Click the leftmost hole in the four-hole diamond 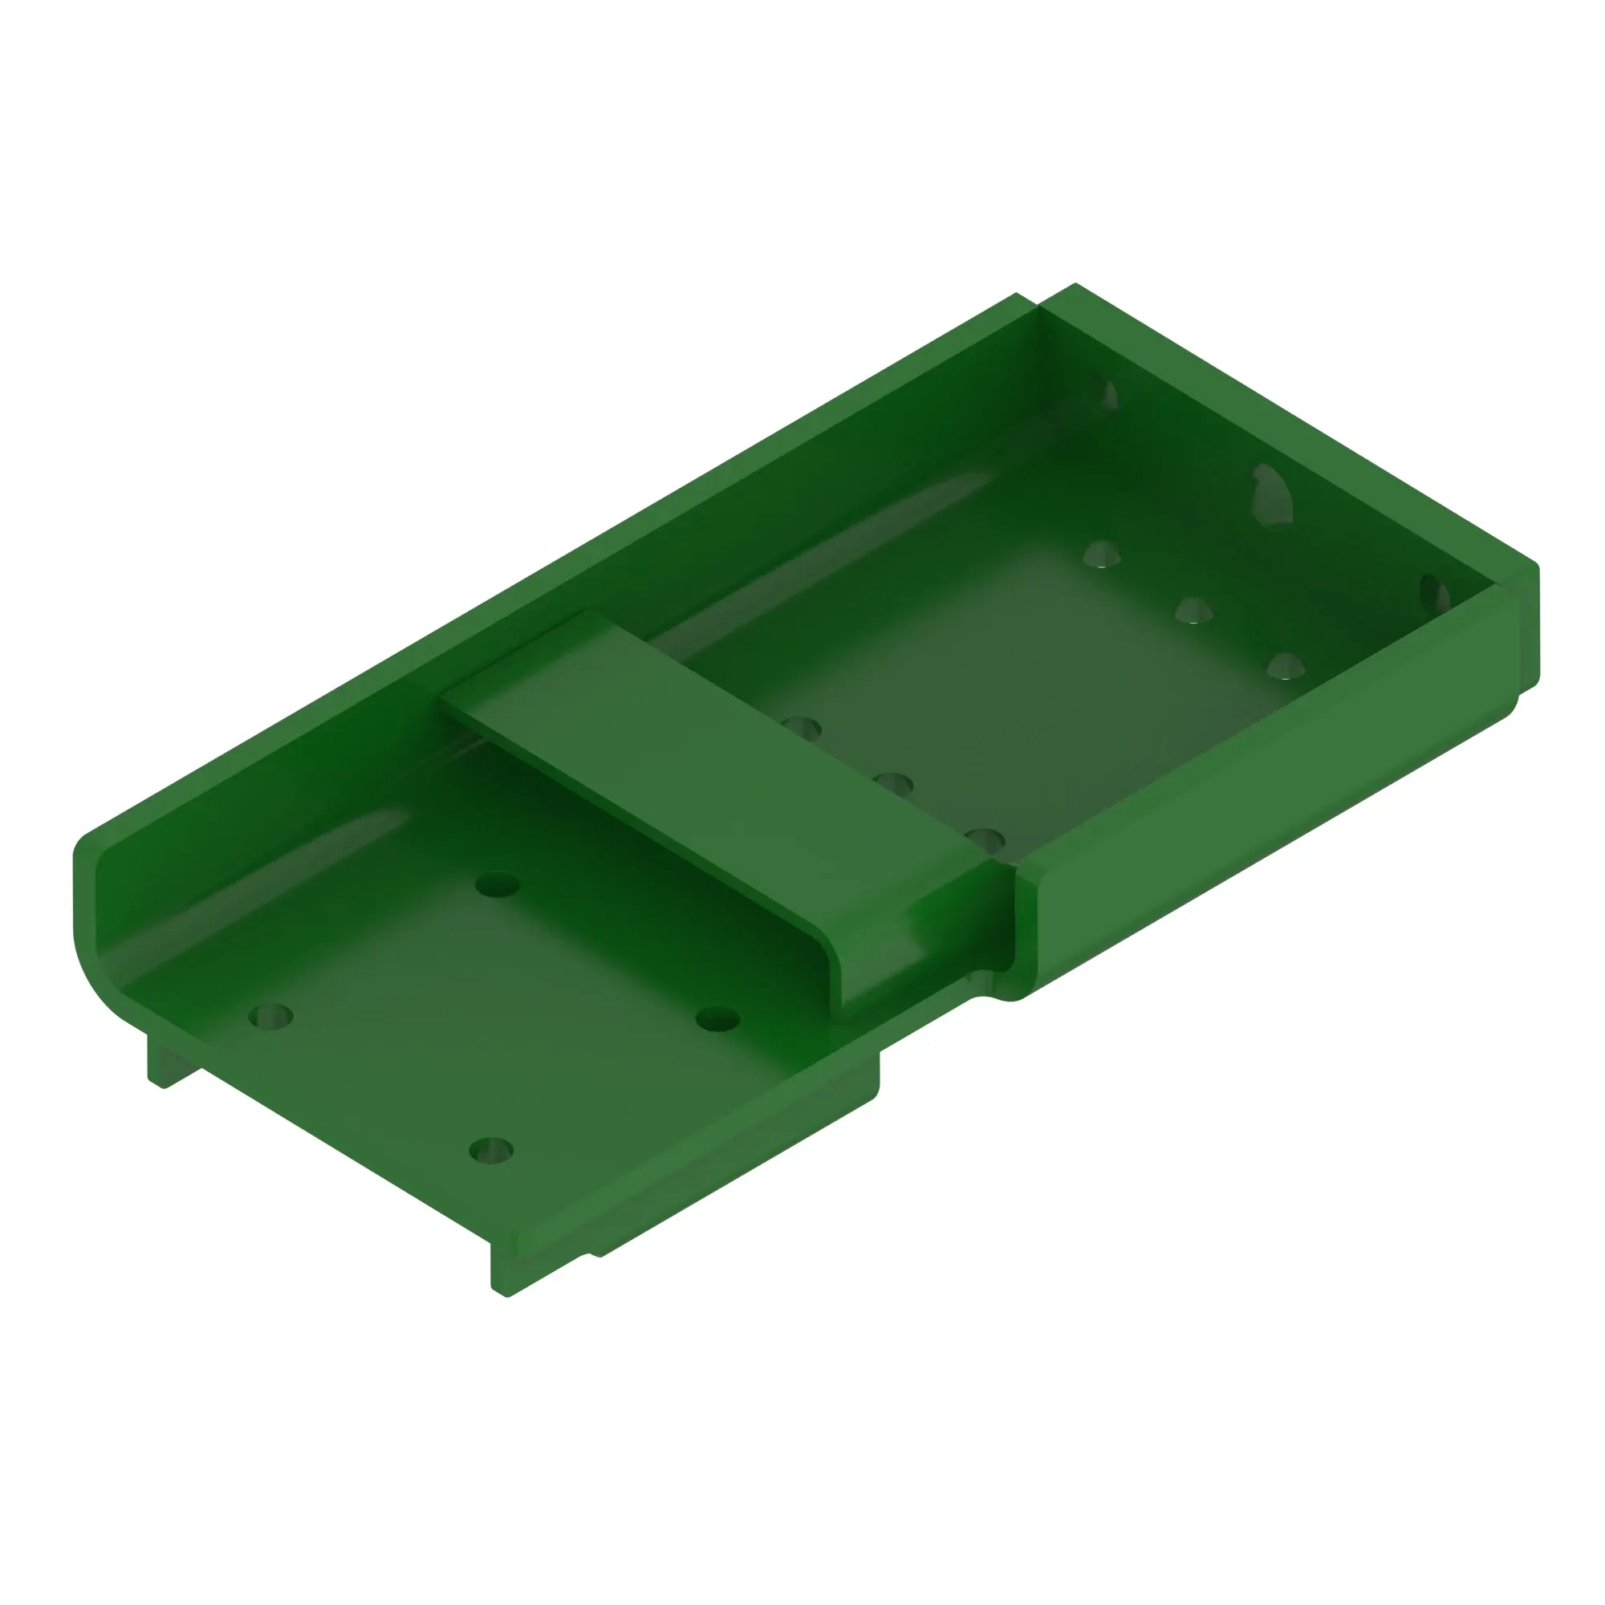(270, 1016)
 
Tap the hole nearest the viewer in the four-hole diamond (491, 1151)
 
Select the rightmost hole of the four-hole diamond (717, 1018)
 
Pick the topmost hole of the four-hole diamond (497, 884)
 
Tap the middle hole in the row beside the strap (894, 783)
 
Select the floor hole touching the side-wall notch (986, 840)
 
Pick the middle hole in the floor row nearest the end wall (1193, 612)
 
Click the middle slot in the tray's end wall (1272, 497)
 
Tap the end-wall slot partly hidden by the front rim (1436, 594)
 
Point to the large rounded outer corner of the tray (95, 972)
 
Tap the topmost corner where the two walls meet (1038, 306)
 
